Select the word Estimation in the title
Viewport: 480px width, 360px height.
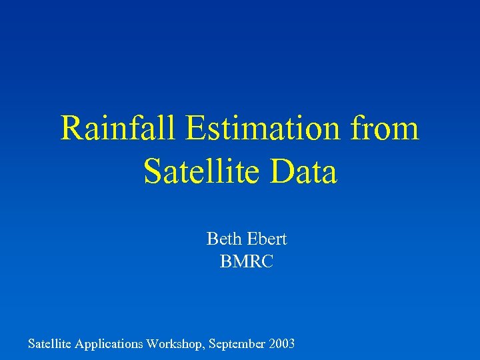click(x=265, y=128)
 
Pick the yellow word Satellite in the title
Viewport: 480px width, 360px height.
click(x=199, y=171)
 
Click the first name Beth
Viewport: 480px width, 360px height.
click(x=220, y=238)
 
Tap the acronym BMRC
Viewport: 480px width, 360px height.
click(x=246, y=263)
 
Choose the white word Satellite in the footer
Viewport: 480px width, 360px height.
click(x=50, y=344)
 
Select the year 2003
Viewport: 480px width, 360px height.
click(x=283, y=344)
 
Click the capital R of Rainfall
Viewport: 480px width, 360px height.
click(x=70, y=128)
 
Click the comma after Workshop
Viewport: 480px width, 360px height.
click(x=206, y=348)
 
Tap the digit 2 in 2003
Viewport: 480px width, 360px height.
click(x=273, y=344)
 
